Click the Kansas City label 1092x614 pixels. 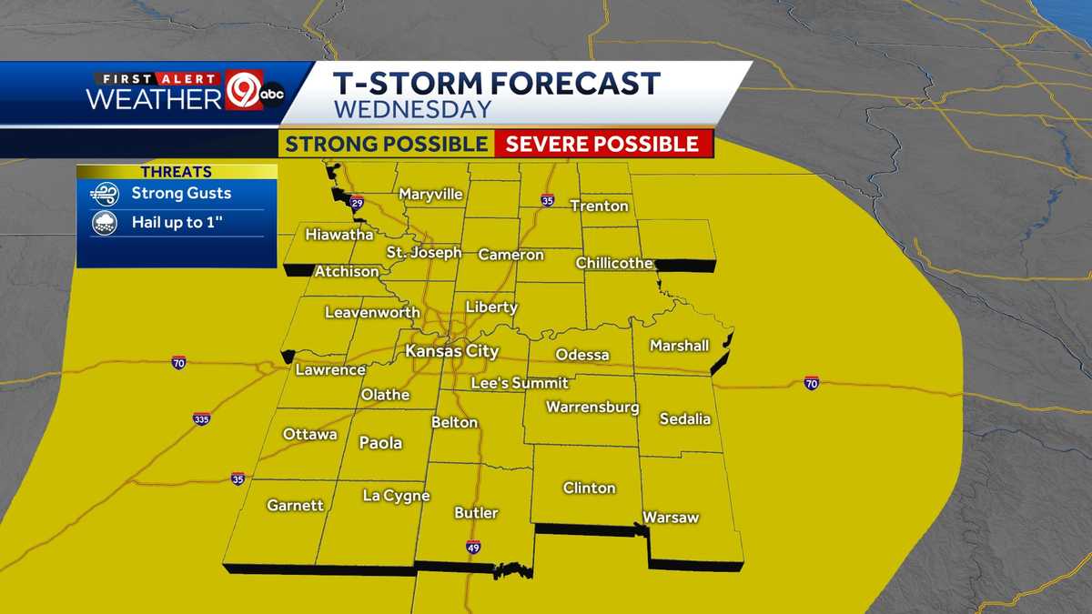pos(452,350)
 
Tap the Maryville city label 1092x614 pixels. pos(430,195)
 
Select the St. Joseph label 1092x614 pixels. pos(423,252)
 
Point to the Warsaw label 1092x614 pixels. pos(671,518)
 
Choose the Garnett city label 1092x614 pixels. pos(295,506)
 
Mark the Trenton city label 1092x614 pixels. pos(599,206)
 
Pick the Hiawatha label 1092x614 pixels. pos(339,234)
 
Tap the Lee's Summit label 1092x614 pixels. pos(519,383)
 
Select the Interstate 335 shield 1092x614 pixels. pos(202,419)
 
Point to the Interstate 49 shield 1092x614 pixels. pos(473,547)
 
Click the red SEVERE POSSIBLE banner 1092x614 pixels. pos(602,144)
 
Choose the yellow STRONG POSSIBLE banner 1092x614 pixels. pos(386,144)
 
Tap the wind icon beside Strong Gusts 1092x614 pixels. pos(104,194)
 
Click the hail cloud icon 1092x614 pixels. pos(104,223)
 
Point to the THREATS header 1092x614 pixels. pos(177,172)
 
